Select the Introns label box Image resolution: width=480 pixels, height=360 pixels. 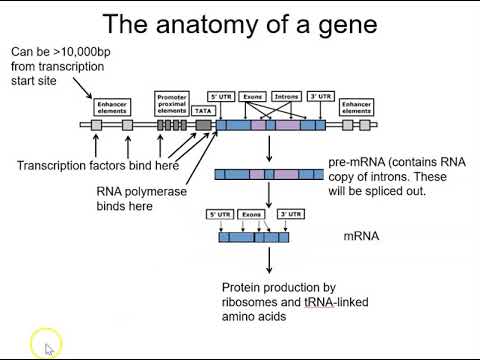(x=287, y=97)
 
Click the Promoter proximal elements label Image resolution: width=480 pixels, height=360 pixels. (x=172, y=103)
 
